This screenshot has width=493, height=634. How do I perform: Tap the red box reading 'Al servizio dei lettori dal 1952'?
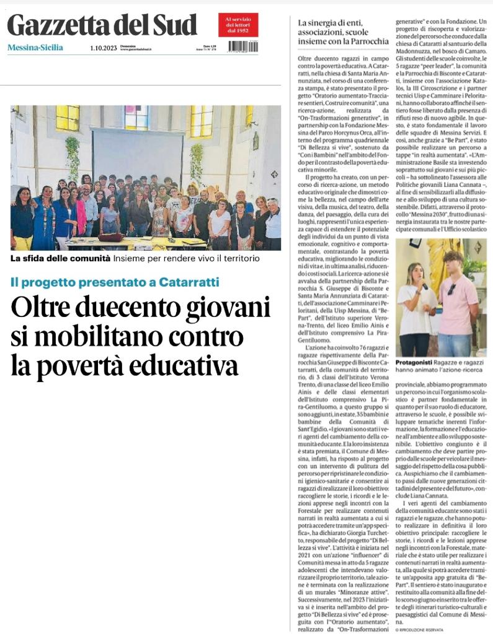click(238, 25)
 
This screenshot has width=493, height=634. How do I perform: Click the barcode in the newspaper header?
click(243, 46)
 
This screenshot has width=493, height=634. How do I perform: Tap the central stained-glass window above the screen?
click(136, 116)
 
